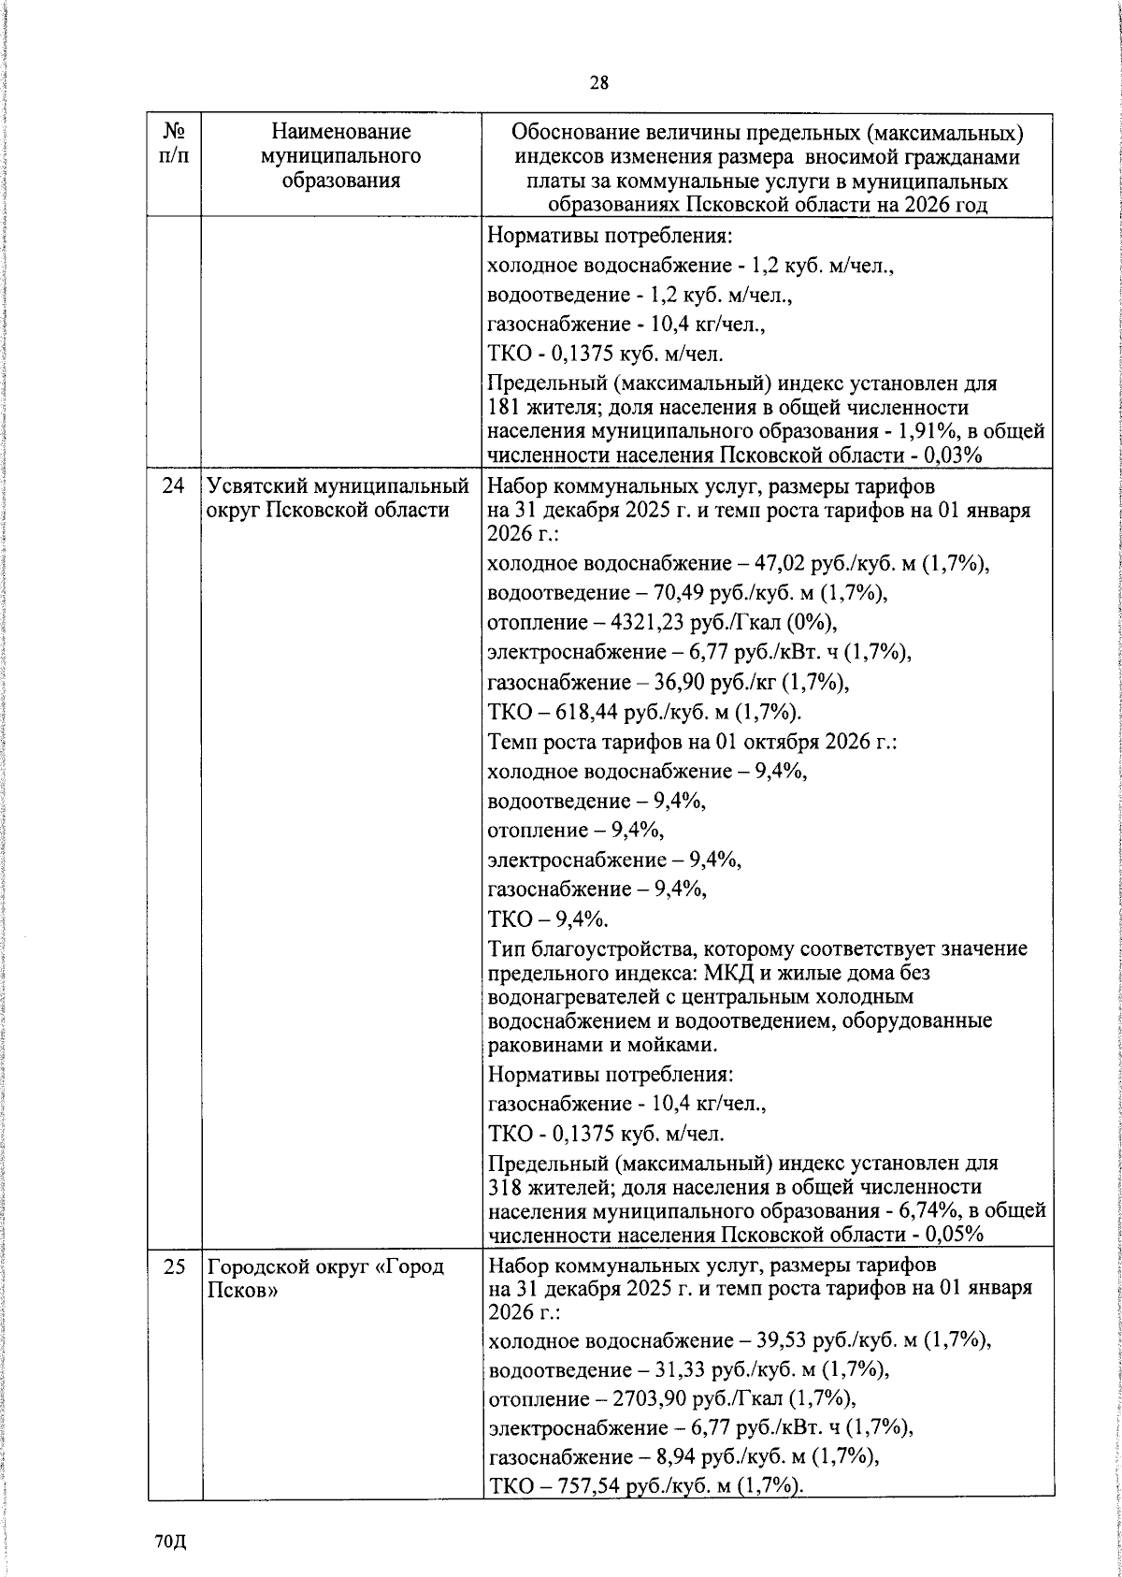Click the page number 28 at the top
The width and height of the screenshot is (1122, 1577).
598,83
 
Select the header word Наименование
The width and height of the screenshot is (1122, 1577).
341,132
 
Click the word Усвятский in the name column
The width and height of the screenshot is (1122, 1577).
256,486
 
